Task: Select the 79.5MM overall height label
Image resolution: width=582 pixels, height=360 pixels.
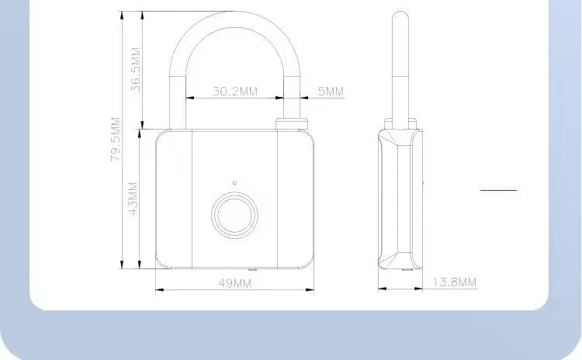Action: pyautogui.click(x=116, y=140)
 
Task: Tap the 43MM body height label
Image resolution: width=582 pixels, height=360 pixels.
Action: pyautogui.click(x=133, y=199)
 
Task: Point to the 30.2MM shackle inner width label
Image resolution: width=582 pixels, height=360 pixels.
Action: pyautogui.click(x=234, y=92)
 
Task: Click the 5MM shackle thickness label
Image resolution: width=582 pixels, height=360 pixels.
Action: pyautogui.click(x=330, y=92)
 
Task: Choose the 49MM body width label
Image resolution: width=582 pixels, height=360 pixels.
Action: pyautogui.click(x=234, y=283)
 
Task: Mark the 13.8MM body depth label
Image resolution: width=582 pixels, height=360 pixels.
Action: pyautogui.click(x=454, y=281)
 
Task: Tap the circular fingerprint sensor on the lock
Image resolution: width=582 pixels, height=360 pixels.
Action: pyautogui.click(x=234, y=215)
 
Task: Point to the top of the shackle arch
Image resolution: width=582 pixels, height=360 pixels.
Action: pyautogui.click(x=234, y=17)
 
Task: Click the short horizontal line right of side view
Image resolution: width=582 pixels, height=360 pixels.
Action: pyautogui.click(x=497, y=189)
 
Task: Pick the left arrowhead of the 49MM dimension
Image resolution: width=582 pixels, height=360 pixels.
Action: pyautogui.click(x=159, y=291)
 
